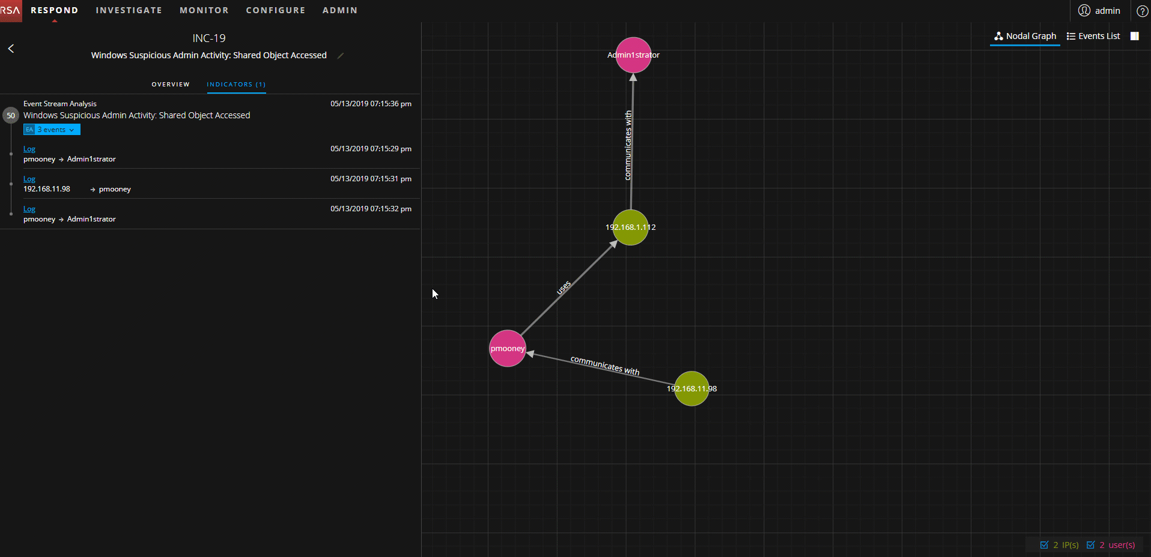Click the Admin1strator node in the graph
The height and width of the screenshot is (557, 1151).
[633, 55]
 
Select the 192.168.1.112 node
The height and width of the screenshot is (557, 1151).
[630, 227]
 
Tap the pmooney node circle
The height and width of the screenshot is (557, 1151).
[508, 348]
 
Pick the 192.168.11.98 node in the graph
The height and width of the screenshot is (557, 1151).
[691, 388]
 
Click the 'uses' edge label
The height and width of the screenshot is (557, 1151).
[563, 288]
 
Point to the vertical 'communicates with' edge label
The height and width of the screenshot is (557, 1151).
[628, 145]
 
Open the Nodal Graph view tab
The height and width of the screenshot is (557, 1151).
[1025, 36]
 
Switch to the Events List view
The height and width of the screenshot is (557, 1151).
[1093, 36]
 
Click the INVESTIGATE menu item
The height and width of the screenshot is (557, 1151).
[129, 10]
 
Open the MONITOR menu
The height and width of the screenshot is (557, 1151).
[204, 10]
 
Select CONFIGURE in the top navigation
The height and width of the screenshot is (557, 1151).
[276, 10]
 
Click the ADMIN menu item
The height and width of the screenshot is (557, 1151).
[340, 10]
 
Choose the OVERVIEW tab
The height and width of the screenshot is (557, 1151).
[171, 85]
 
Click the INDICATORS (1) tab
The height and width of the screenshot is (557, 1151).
[236, 85]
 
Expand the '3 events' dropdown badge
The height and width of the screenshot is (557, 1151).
[52, 130]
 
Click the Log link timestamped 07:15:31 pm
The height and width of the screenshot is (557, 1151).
[29, 179]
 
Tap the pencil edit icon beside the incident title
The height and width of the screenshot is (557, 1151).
[341, 55]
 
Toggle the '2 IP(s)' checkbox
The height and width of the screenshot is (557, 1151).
[1044, 545]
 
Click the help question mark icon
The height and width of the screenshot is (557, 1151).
[1142, 11]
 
